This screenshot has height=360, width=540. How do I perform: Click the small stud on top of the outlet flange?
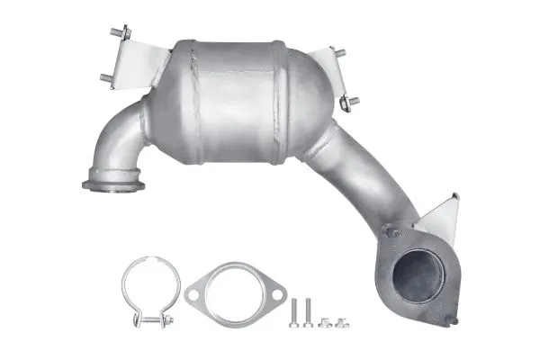(390, 230)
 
